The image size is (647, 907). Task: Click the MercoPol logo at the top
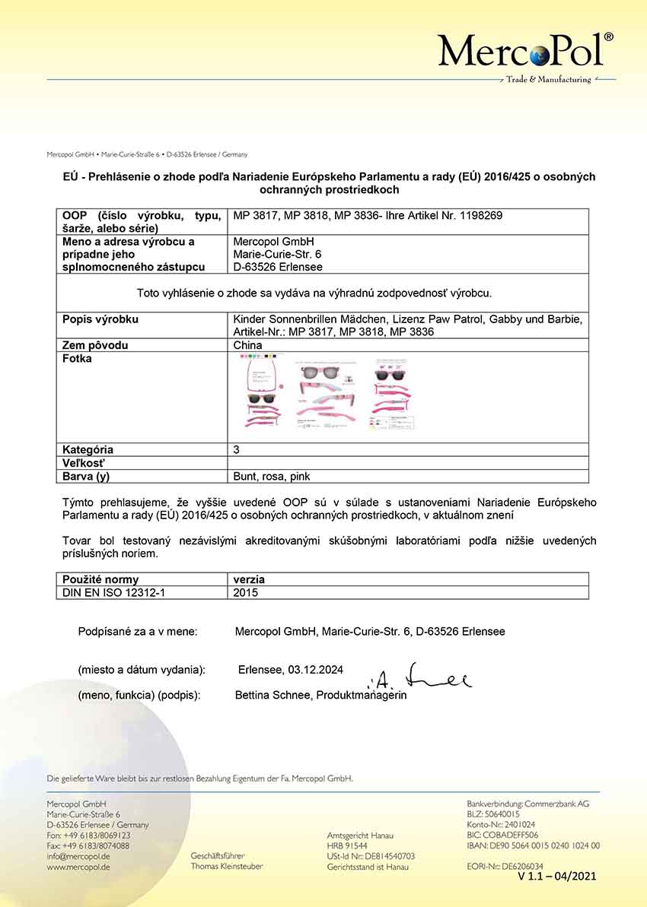pos(526,52)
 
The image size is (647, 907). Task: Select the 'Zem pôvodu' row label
pos(95,345)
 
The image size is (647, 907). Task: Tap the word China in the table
pos(247,345)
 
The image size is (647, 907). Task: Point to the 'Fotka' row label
pos(77,359)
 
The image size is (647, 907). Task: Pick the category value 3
pos(237,449)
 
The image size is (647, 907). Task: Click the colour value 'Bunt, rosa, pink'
pos(272,477)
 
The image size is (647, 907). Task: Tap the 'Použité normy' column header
pos(100,579)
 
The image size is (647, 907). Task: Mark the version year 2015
pos(246,592)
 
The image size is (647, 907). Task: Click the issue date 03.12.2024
pos(315,670)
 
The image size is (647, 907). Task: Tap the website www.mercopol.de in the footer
pos(78,867)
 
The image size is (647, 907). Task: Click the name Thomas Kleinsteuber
pos(227,866)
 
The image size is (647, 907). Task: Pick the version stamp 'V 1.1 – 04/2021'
pos(557,877)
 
